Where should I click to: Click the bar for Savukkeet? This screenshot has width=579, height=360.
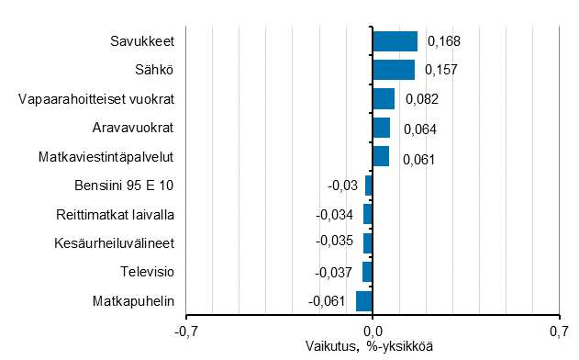click(x=395, y=41)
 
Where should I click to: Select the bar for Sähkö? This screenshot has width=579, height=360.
click(x=394, y=70)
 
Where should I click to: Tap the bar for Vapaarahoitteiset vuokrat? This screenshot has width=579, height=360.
click(x=384, y=99)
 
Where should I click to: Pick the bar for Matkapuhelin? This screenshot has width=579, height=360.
click(x=364, y=301)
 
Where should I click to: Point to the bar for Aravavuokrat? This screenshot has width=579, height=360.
click(x=381, y=128)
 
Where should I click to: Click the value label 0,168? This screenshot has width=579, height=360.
click(x=443, y=41)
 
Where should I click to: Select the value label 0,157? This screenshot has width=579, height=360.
click(x=440, y=71)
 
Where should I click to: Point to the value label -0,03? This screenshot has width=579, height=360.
click(x=342, y=186)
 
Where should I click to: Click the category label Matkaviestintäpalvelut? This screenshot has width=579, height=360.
click(x=106, y=157)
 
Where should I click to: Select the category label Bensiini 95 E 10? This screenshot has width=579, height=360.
click(x=125, y=186)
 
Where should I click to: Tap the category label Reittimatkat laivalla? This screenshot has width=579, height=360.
click(x=115, y=215)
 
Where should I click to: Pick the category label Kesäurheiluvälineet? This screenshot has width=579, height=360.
click(x=116, y=243)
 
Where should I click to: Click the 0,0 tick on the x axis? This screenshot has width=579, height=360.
click(x=373, y=331)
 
